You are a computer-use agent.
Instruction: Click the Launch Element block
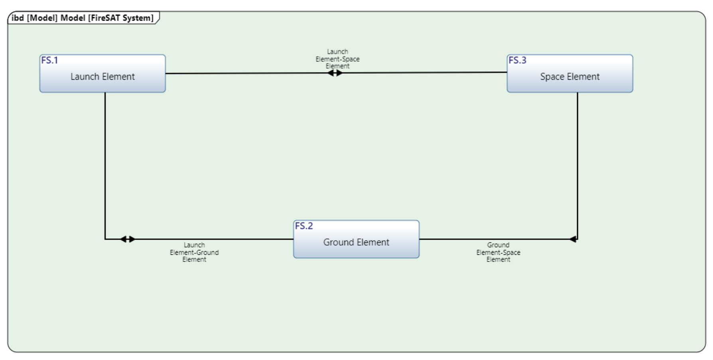(x=102, y=74)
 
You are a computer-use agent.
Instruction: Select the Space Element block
(x=569, y=74)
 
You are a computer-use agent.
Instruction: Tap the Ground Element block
(x=356, y=240)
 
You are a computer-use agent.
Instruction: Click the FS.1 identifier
(x=49, y=60)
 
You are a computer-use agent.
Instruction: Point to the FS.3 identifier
(x=517, y=60)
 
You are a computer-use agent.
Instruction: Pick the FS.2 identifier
(x=304, y=226)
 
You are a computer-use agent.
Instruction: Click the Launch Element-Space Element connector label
(x=337, y=59)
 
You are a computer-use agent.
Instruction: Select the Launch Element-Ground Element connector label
(x=194, y=252)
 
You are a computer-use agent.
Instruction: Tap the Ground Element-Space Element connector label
(x=498, y=252)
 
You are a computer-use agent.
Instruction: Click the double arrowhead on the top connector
(x=335, y=73)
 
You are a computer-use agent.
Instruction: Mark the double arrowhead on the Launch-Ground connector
(x=128, y=239)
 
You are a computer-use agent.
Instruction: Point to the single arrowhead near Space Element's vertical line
(x=573, y=239)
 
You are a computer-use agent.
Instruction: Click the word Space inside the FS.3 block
(x=552, y=77)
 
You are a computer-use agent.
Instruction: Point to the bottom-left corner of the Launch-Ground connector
(x=105, y=239)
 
